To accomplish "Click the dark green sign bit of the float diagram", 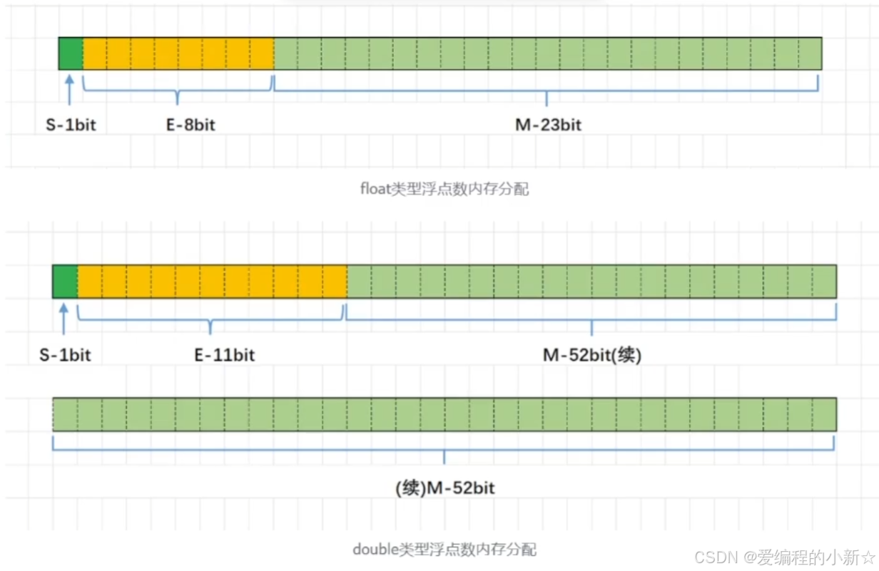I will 71,53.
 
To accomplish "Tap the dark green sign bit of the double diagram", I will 65,282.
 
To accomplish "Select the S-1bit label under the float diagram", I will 70,125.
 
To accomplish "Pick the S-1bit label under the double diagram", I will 65,354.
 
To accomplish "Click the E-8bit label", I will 190,125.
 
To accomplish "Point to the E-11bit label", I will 225,354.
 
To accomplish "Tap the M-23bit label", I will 548,125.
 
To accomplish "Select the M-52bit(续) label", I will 592,354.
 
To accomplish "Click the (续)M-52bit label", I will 444,488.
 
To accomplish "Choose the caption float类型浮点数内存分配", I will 445,190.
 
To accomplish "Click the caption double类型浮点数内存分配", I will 444,550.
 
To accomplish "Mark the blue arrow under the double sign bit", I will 64,320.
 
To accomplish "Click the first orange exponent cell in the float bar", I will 95,53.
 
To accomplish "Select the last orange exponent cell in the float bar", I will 262,53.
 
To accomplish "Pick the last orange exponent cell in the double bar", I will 335,282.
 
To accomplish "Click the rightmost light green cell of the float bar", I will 810,53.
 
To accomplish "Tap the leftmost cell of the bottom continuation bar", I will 65,414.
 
